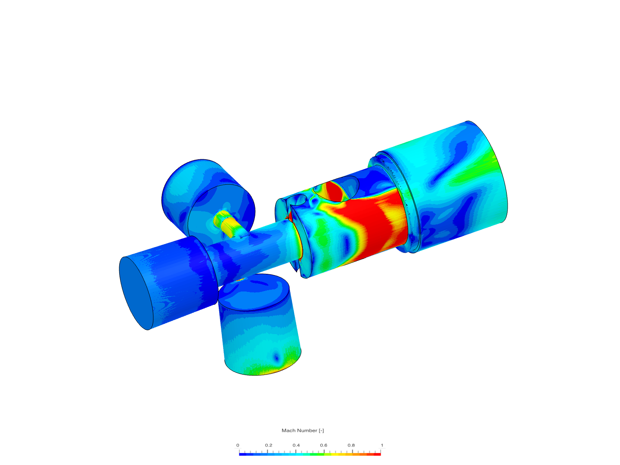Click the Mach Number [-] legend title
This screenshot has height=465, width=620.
pyautogui.click(x=303, y=430)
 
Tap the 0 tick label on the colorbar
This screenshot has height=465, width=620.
pyautogui.click(x=238, y=445)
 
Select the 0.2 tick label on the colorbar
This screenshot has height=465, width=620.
pyautogui.click(x=268, y=445)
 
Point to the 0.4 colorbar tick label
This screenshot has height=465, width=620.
pyautogui.click(x=296, y=445)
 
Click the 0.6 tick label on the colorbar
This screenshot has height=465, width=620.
pyautogui.click(x=323, y=445)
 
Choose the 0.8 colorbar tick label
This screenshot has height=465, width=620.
pyautogui.click(x=351, y=445)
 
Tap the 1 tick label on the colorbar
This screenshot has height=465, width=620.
pyautogui.click(x=382, y=445)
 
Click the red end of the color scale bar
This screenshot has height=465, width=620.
pyautogui.click(x=377, y=454)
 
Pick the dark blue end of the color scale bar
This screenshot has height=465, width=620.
pyautogui.click(x=243, y=454)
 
